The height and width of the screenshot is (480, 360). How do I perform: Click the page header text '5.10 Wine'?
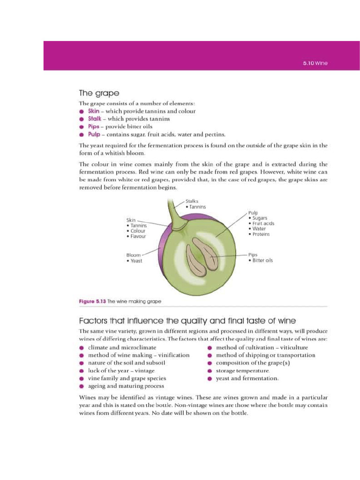tap(315, 63)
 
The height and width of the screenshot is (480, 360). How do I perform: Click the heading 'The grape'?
tap(99, 93)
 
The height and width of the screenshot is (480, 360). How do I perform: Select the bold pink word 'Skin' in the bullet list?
tap(94, 111)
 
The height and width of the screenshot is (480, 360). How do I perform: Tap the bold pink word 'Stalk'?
tap(95, 119)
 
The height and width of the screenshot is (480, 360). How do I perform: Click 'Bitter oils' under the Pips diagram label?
tap(262, 260)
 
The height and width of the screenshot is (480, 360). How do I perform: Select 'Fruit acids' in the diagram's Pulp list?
tap(263, 224)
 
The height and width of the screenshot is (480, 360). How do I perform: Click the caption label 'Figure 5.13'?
tap(92, 301)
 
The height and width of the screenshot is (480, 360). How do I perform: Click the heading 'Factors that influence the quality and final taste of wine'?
tap(187, 321)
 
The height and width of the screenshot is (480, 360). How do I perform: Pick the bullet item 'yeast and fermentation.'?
tap(247, 378)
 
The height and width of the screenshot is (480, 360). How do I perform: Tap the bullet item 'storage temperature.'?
tap(242, 370)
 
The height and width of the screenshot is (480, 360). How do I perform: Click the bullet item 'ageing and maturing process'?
tap(126, 386)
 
